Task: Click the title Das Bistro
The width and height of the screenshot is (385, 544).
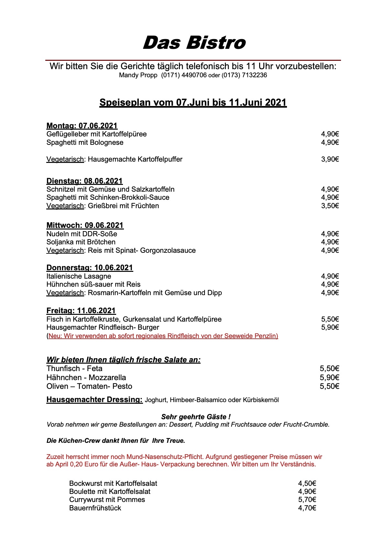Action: point(194,43)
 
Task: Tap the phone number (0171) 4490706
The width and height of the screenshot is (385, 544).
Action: point(184,75)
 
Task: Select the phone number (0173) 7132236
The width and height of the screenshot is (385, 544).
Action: point(244,75)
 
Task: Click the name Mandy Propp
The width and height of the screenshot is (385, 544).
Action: point(138,75)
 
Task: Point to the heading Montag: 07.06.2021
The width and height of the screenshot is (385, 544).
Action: point(82,126)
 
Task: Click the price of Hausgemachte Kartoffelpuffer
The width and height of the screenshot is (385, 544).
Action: point(330,159)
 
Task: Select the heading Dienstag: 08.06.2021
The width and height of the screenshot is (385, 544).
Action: point(84,181)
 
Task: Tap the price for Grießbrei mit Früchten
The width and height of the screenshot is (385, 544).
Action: point(330,206)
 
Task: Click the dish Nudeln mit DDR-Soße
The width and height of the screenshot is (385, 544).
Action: point(82,234)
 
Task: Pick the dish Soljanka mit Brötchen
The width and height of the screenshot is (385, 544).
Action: point(81,242)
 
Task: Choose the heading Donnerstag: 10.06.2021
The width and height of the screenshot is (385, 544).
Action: point(90,268)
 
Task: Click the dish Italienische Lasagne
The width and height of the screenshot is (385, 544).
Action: point(79,276)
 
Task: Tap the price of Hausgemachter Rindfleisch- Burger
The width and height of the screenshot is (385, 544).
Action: point(330,327)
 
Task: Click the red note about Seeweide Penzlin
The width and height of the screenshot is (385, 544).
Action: point(162,336)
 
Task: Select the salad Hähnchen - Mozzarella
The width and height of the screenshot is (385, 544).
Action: point(86,378)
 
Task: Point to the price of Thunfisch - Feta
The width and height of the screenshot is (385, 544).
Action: point(329,369)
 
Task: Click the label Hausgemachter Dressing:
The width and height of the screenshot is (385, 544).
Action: point(94,400)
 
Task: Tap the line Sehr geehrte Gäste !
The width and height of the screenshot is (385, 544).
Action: point(196,417)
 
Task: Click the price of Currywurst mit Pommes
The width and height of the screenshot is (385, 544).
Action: point(307,500)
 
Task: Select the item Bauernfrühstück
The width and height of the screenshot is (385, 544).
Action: point(95,508)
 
